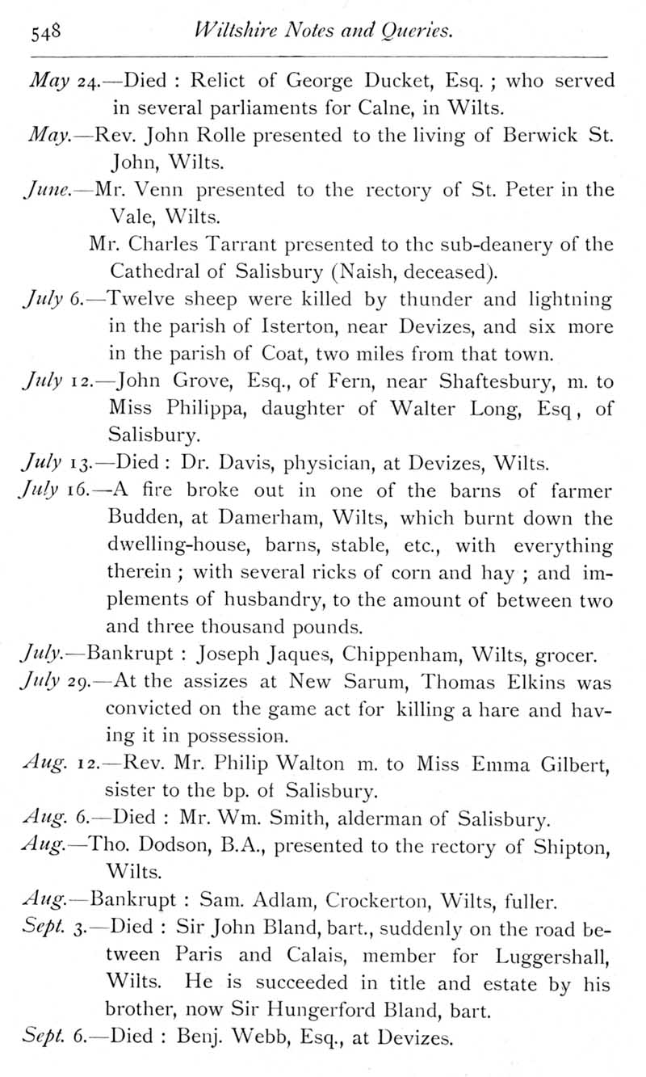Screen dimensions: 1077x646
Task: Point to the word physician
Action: (314, 464)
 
